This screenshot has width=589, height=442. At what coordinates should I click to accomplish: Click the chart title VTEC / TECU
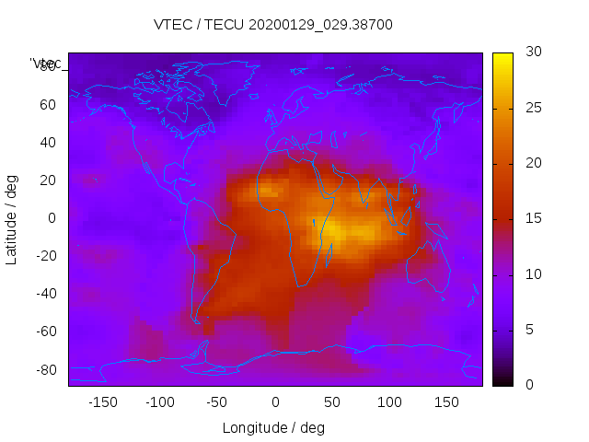click(273, 25)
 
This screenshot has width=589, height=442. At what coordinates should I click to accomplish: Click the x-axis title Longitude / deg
click(273, 428)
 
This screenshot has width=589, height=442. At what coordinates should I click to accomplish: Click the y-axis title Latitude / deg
click(12, 218)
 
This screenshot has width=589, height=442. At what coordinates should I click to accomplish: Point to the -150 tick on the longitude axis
click(102, 402)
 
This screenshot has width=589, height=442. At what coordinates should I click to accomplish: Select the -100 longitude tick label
click(159, 402)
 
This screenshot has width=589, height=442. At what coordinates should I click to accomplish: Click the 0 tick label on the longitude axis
click(275, 402)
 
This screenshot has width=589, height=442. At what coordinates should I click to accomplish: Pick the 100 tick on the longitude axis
click(389, 402)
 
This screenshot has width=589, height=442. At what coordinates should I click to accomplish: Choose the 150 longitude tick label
click(446, 402)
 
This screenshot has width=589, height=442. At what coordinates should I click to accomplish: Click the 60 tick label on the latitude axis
click(48, 105)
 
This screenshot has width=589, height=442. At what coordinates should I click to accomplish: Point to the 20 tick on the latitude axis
click(48, 180)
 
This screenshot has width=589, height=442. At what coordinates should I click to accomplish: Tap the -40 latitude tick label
click(45, 294)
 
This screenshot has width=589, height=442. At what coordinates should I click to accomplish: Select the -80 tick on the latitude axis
click(45, 369)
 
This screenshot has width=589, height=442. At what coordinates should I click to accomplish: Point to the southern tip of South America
click(196, 320)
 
